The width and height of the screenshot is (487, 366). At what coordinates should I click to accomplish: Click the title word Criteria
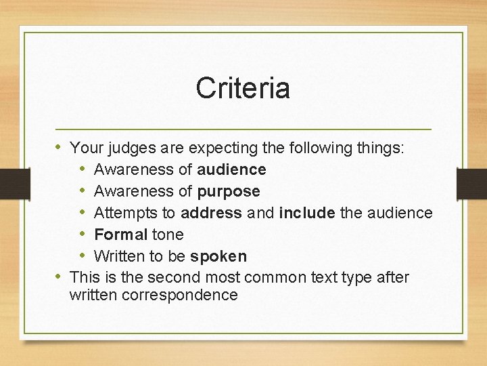click(x=243, y=88)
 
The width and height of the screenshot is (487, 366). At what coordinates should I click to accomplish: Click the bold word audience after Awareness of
click(x=231, y=169)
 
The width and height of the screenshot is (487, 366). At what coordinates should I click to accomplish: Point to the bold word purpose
click(x=229, y=191)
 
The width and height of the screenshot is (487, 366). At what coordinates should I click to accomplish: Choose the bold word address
click(x=211, y=213)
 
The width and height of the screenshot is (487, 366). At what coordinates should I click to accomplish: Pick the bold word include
click(x=306, y=213)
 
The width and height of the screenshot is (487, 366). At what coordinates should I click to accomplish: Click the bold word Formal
click(x=120, y=235)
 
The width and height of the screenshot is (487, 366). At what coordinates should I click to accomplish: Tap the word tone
click(x=168, y=235)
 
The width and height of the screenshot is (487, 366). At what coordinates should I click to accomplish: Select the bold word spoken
click(x=218, y=256)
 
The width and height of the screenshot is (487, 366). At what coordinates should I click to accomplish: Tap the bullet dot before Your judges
click(x=60, y=147)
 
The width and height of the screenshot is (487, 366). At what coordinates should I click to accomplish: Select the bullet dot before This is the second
click(x=60, y=277)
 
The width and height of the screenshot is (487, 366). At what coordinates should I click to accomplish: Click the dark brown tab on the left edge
click(x=14, y=184)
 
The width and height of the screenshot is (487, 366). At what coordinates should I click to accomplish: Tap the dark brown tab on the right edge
click(x=471, y=184)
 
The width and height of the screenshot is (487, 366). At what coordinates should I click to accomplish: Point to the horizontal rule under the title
click(x=243, y=129)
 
